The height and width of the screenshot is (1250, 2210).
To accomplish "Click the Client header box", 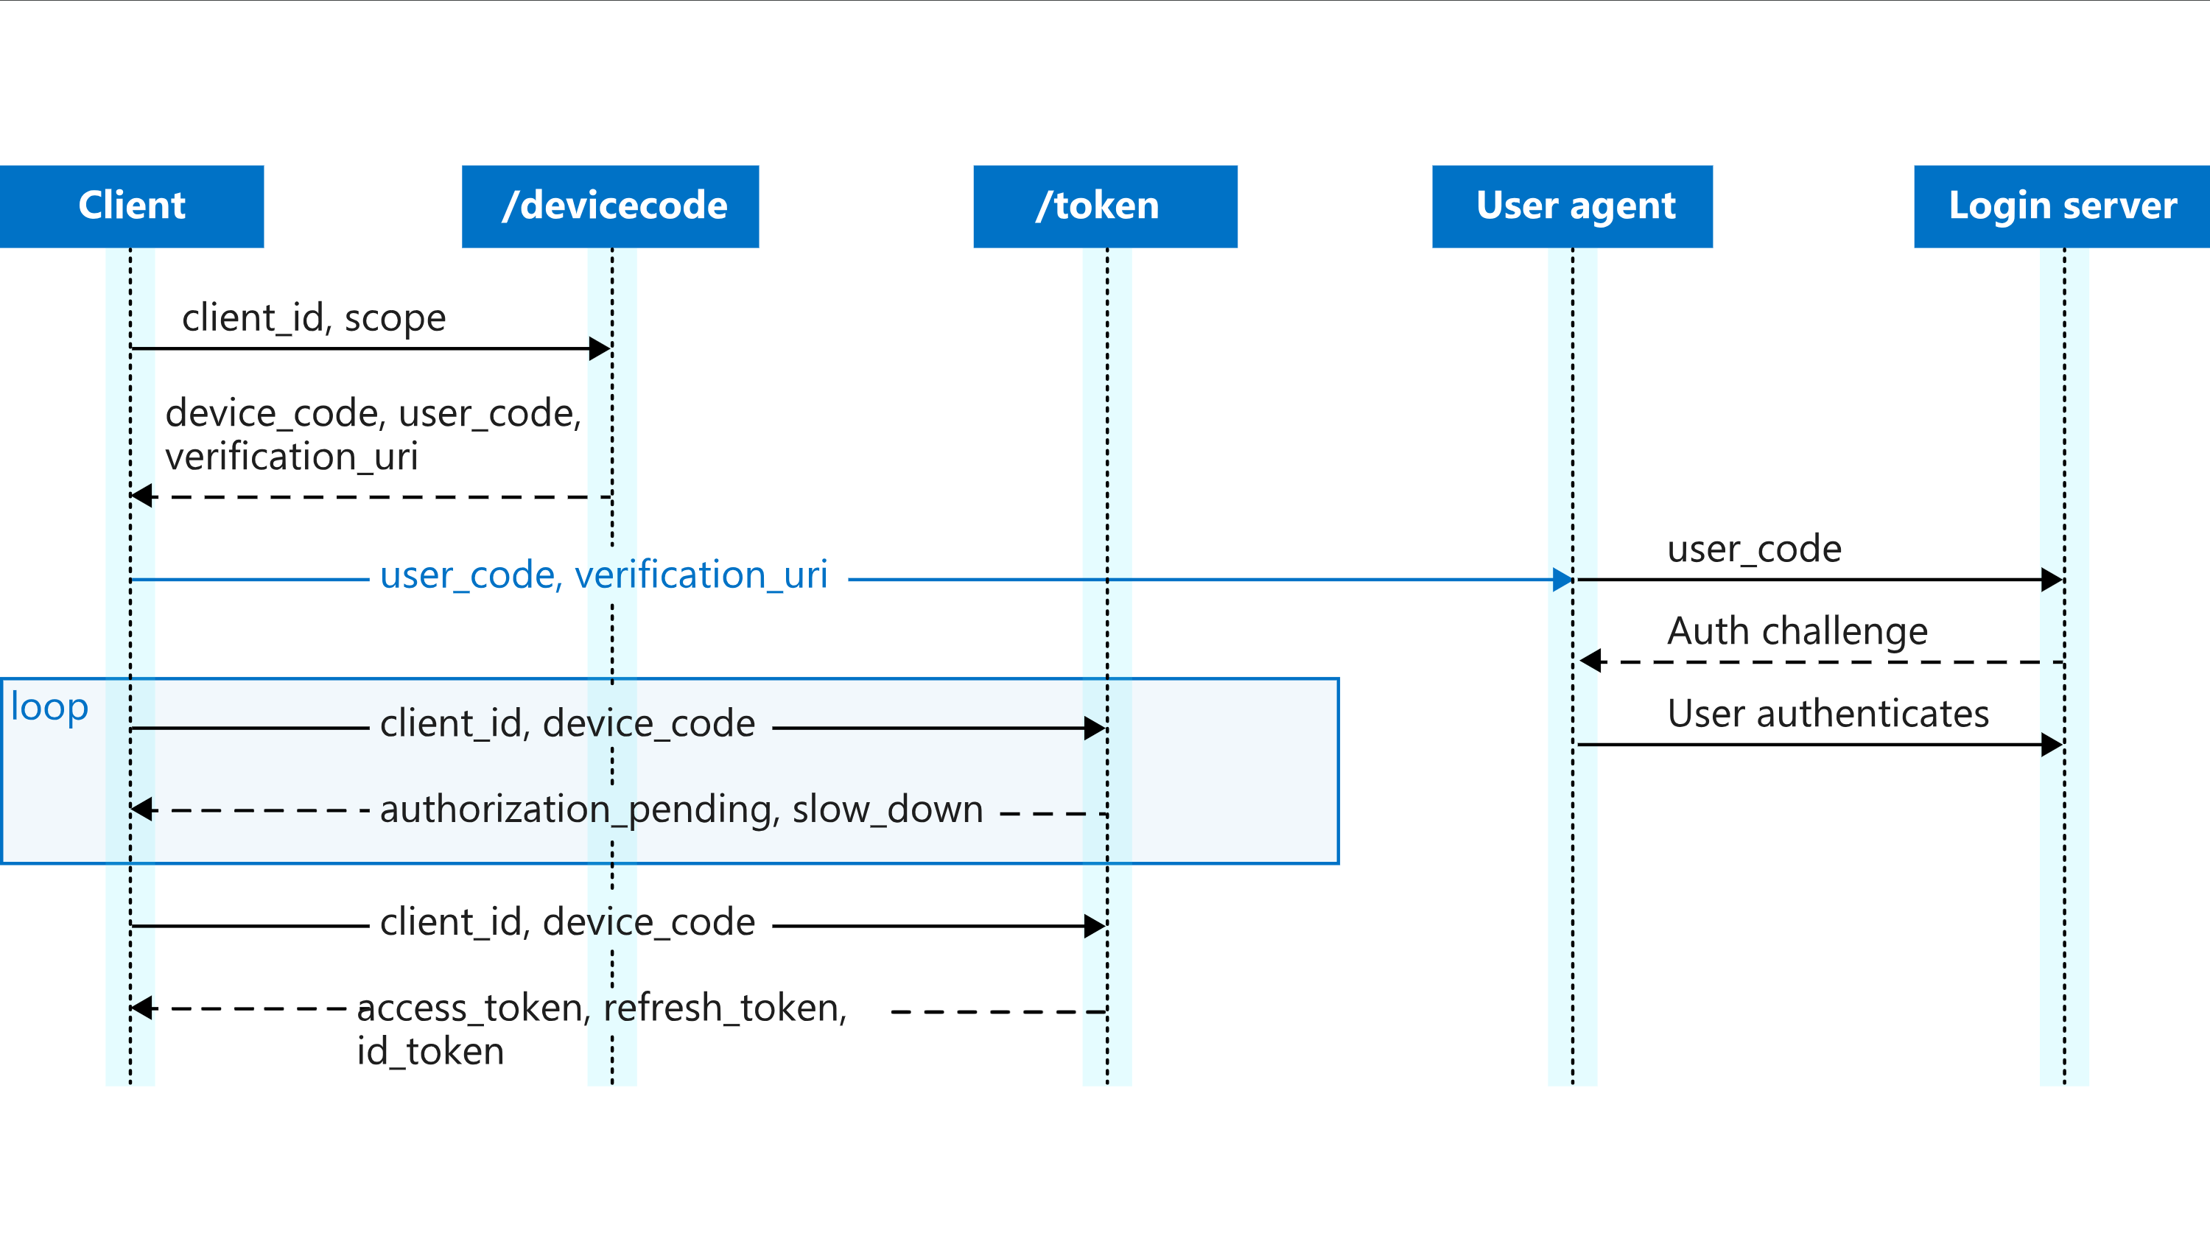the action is pyautogui.click(x=131, y=206).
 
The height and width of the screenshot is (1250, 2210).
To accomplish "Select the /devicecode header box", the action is pyautogui.click(x=610, y=206).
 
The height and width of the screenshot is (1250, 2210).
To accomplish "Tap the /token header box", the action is pyautogui.click(x=1105, y=206).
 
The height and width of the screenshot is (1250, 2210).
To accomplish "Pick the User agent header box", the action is pyautogui.click(x=1572, y=206).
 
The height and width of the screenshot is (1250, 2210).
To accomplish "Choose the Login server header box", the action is pyautogui.click(x=2061, y=206).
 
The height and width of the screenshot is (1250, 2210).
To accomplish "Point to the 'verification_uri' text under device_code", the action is pyautogui.click(x=291, y=457).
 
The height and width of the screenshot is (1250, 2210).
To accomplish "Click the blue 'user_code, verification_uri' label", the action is pyautogui.click(x=603, y=575).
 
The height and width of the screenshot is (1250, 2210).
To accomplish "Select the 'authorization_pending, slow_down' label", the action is pyautogui.click(x=681, y=810).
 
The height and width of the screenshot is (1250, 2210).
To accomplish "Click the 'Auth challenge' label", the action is pyautogui.click(x=1797, y=632).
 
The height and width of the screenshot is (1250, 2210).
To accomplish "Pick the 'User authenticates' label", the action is pyautogui.click(x=1828, y=714).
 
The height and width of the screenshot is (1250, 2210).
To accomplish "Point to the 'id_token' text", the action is pyautogui.click(x=430, y=1052).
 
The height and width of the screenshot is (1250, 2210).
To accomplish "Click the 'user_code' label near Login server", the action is pyautogui.click(x=1754, y=549).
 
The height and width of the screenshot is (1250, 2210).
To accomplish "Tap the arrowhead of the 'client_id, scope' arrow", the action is pyautogui.click(x=600, y=348).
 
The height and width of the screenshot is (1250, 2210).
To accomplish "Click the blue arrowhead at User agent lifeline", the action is pyautogui.click(x=1562, y=580).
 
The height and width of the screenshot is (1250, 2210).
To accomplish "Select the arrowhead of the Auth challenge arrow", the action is pyautogui.click(x=1590, y=661).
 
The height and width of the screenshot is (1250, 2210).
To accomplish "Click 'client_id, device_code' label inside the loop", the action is pyautogui.click(x=567, y=725).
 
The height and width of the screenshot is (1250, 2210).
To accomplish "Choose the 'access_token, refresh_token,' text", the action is pyautogui.click(x=602, y=1008).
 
